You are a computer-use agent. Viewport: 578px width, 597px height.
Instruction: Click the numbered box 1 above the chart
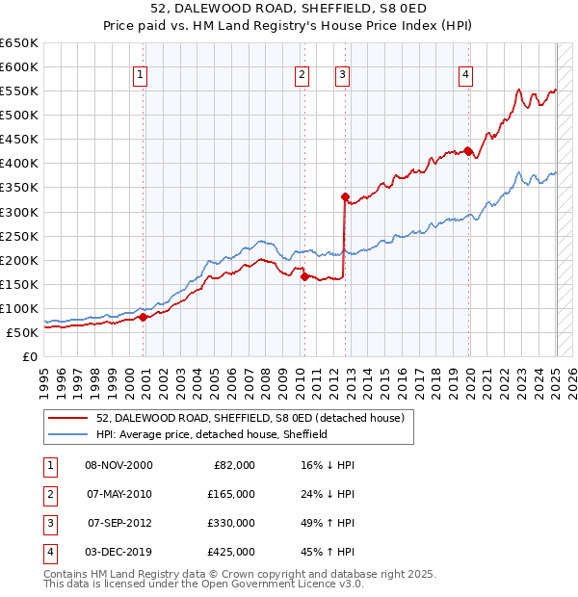[x=140, y=75]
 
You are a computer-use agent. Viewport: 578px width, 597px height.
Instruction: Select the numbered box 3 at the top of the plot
[x=342, y=75]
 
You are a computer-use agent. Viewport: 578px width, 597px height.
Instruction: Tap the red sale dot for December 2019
[x=467, y=151]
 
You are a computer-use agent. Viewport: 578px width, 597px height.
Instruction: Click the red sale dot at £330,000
[x=344, y=196]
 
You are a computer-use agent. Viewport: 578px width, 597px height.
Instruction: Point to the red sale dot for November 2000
[x=143, y=316]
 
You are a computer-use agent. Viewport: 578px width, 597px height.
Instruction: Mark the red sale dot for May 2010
[x=303, y=276]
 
